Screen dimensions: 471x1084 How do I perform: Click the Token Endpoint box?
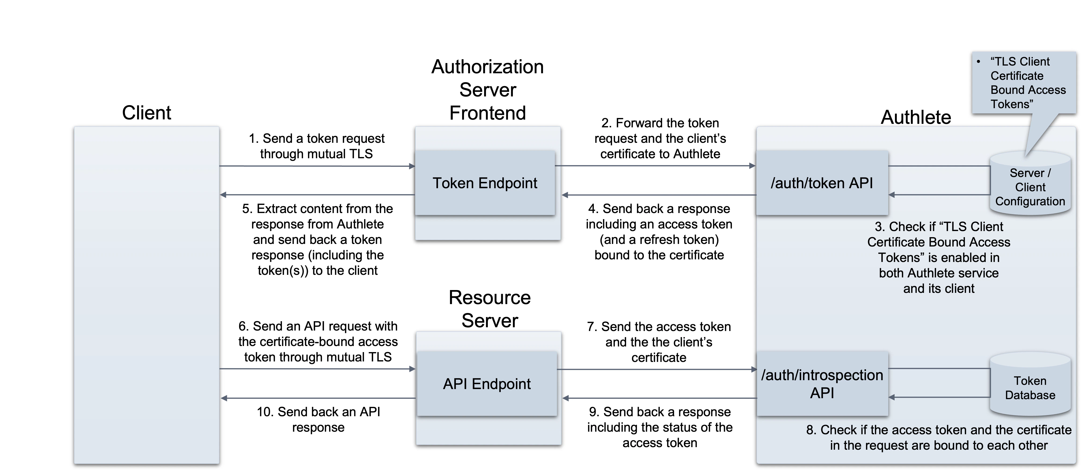coord(485,183)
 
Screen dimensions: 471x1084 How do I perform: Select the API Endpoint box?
coord(486,384)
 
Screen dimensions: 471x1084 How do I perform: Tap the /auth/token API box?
coord(822,183)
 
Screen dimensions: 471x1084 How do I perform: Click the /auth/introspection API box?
coord(822,384)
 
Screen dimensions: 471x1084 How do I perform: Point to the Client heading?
coord(146,113)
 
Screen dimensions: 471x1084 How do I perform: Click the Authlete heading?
coord(916,117)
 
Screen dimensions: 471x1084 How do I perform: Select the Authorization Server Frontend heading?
coord(487,90)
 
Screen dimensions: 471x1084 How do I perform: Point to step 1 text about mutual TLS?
coord(316,146)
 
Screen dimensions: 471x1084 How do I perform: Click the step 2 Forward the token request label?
coord(660,139)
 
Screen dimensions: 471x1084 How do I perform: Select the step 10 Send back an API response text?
coord(318,419)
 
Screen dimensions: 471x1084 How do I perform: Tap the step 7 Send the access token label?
coord(659,342)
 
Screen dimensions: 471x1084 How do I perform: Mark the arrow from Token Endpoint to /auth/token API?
coord(655,166)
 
